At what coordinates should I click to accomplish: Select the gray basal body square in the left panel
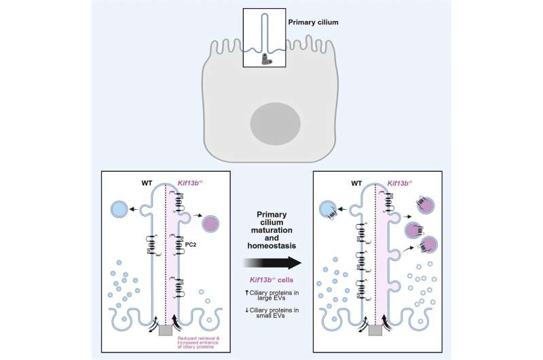[x=165, y=330]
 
